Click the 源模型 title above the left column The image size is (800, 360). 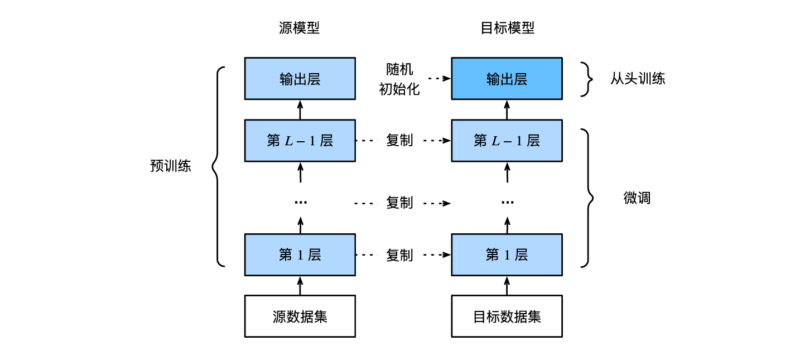tap(300, 28)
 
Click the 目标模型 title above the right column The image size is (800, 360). tap(507, 28)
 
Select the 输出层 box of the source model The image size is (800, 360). tap(300, 79)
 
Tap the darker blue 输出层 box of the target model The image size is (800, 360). tap(507, 79)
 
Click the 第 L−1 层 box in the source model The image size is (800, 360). tap(300, 141)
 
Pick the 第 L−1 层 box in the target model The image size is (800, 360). tap(507, 141)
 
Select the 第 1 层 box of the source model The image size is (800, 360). tap(300, 255)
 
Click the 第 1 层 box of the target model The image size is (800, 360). tap(507, 255)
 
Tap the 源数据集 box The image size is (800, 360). tap(300, 316)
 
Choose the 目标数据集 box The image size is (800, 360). tap(507, 316)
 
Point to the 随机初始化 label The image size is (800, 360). tap(399, 79)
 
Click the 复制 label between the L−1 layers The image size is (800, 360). tap(399, 141)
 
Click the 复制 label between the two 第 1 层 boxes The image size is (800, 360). tap(399, 255)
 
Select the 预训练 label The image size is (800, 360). tap(171, 166)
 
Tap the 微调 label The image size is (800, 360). tap(637, 198)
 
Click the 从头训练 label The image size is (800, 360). tap(637, 79)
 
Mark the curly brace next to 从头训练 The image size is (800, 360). tap(585, 79)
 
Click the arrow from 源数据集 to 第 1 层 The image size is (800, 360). tap(300, 285)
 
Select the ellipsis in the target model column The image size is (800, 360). tap(507, 202)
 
